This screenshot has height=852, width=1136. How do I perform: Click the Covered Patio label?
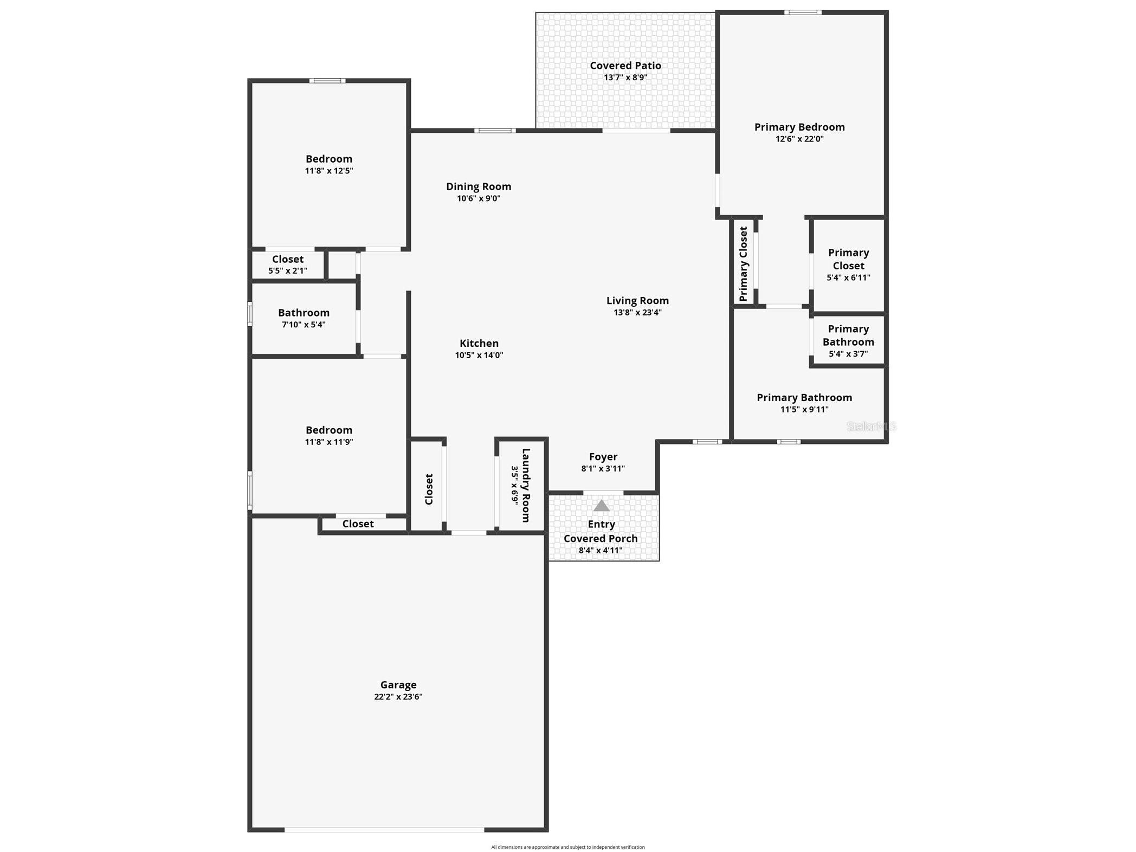tap(625, 66)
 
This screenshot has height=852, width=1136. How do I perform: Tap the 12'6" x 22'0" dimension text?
tap(799, 139)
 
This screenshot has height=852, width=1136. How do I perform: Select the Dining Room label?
tap(479, 186)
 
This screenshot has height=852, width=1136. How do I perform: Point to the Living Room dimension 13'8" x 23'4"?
tap(637, 312)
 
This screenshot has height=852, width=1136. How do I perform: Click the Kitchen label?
tap(479, 343)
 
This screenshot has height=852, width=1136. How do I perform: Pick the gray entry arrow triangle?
tap(602, 506)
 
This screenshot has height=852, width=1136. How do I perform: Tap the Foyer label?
tap(603, 457)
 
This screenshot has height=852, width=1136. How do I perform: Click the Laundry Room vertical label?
tap(525, 485)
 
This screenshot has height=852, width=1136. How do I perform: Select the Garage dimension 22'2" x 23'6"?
tap(398, 697)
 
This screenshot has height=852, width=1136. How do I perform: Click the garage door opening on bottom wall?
tap(384, 829)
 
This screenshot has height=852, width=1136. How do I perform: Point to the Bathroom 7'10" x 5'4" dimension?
tap(304, 325)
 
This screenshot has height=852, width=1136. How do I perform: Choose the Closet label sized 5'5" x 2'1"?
tap(288, 259)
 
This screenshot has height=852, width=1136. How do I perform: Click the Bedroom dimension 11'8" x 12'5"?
tap(329, 171)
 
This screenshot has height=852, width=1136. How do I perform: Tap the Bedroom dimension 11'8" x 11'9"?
tap(329, 442)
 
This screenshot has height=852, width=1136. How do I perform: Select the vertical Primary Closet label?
tap(743, 264)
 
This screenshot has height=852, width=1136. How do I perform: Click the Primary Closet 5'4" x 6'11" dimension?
tap(848, 277)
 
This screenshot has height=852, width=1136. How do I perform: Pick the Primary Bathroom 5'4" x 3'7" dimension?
tap(848, 354)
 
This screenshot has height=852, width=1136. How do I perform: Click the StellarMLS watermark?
tap(872, 427)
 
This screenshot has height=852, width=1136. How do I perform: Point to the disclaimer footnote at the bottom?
tap(568, 847)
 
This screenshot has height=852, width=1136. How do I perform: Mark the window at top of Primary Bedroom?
tap(803, 12)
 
